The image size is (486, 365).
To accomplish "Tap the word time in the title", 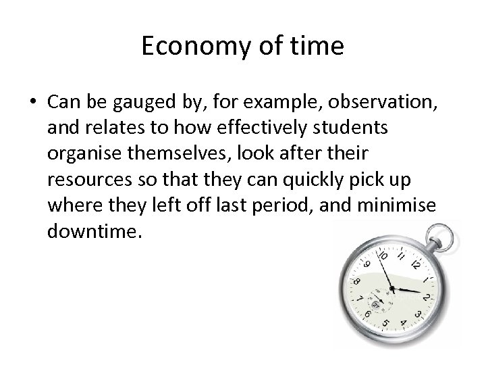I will [x=319, y=46].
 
